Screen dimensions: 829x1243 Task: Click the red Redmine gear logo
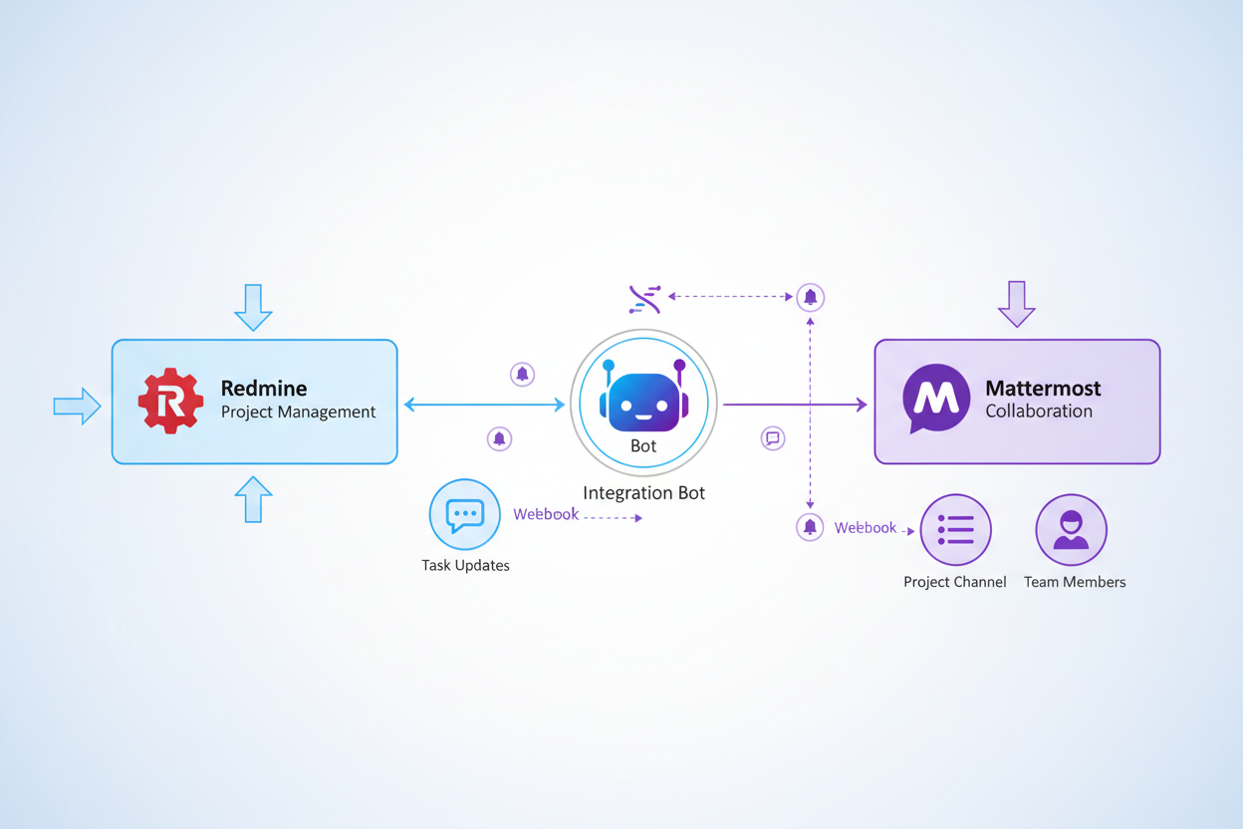[170, 401]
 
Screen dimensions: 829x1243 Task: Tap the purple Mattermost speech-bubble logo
[936, 398]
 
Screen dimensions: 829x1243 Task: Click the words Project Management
[298, 412]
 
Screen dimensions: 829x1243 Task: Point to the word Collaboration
[1038, 411]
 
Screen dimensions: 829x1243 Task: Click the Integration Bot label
[643, 492]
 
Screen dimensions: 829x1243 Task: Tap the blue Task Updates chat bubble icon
[464, 514]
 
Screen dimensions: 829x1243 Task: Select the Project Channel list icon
[955, 529]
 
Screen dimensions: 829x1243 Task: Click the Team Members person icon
[1071, 529]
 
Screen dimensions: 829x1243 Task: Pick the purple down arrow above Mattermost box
[1016, 304]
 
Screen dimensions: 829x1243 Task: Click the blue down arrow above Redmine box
[253, 307]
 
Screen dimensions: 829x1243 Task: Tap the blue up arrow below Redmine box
[253, 499]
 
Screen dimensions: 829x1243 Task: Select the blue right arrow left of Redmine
[77, 406]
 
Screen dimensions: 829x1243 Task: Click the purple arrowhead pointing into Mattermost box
[862, 405]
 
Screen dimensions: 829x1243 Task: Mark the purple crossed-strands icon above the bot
[644, 298]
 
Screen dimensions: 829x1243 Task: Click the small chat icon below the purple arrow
[772, 438]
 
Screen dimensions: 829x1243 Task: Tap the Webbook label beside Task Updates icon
[546, 514]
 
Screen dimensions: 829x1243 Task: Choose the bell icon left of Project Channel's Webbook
[810, 527]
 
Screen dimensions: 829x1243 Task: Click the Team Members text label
[1075, 582]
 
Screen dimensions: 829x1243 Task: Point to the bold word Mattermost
[1043, 388]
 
